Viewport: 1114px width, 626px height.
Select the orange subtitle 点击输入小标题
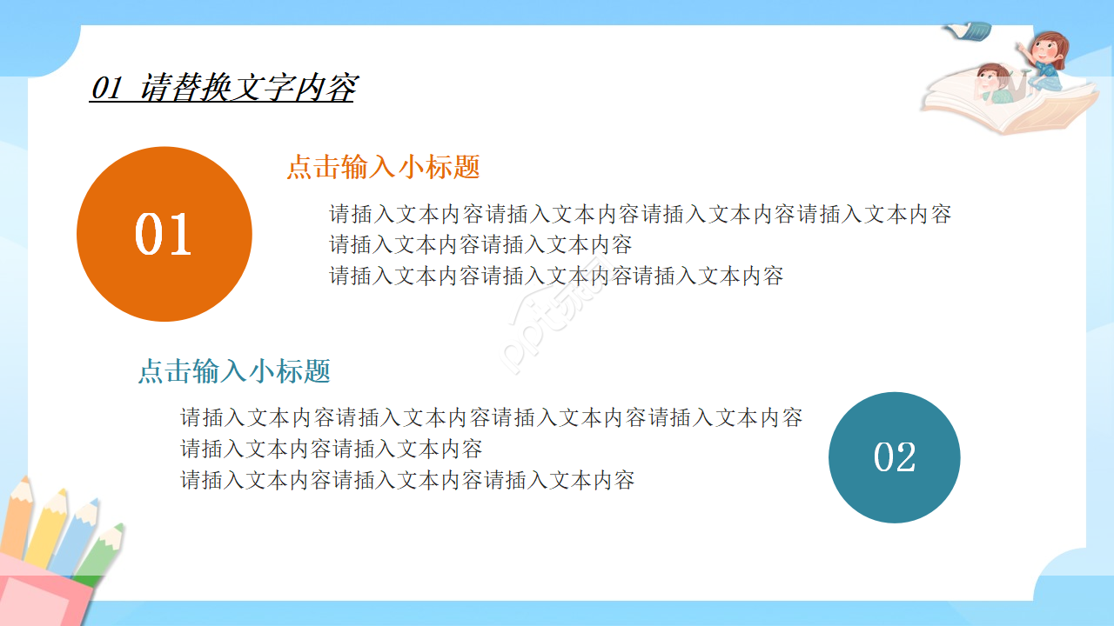pyautogui.click(x=383, y=167)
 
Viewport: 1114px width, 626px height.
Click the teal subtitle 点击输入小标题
pyautogui.click(x=234, y=371)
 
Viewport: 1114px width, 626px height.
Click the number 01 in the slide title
pyautogui.click(x=106, y=88)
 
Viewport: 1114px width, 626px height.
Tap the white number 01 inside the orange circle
pyautogui.click(x=164, y=235)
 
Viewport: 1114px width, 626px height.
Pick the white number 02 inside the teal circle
pyautogui.click(x=895, y=458)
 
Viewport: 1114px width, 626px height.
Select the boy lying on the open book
pyautogui.click(x=992, y=83)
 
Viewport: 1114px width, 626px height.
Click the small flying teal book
pyautogui.click(x=969, y=31)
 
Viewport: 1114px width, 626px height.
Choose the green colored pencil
pyautogui.click(x=103, y=552)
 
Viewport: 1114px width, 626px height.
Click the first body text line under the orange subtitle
pyautogui.click(x=640, y=214)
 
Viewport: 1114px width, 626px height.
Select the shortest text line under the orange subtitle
pyautogui.click(x=480, y=244)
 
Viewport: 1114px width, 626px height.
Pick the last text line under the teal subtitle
pyautogui.click(x=407, y=479)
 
